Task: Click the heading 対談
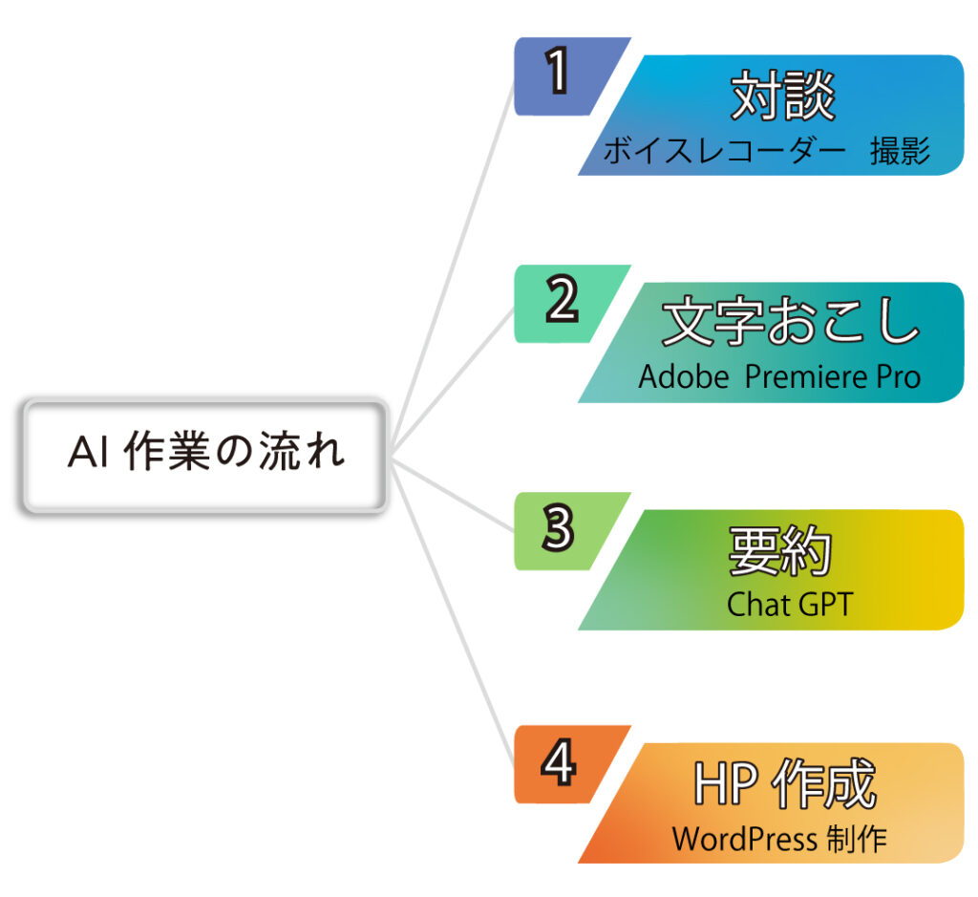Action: pyautogui.click(x=783, y=95)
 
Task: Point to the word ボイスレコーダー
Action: pyautogui.click(x=725, y=150)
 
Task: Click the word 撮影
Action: pyautogui.click(x=900, y=150)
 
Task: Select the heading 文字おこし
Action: pyautogui.click(x=791, y=321)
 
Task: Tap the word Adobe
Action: pyautogui.click(x=684, y=376)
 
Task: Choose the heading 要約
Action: pyautogui.click(x=779, y=550)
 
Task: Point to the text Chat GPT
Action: pyautogui.click(x=790, y=605)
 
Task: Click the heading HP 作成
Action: pyautogui.click(x=785, y=783)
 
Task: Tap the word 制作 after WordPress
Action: pyautogui.click(x=857, y=839)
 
